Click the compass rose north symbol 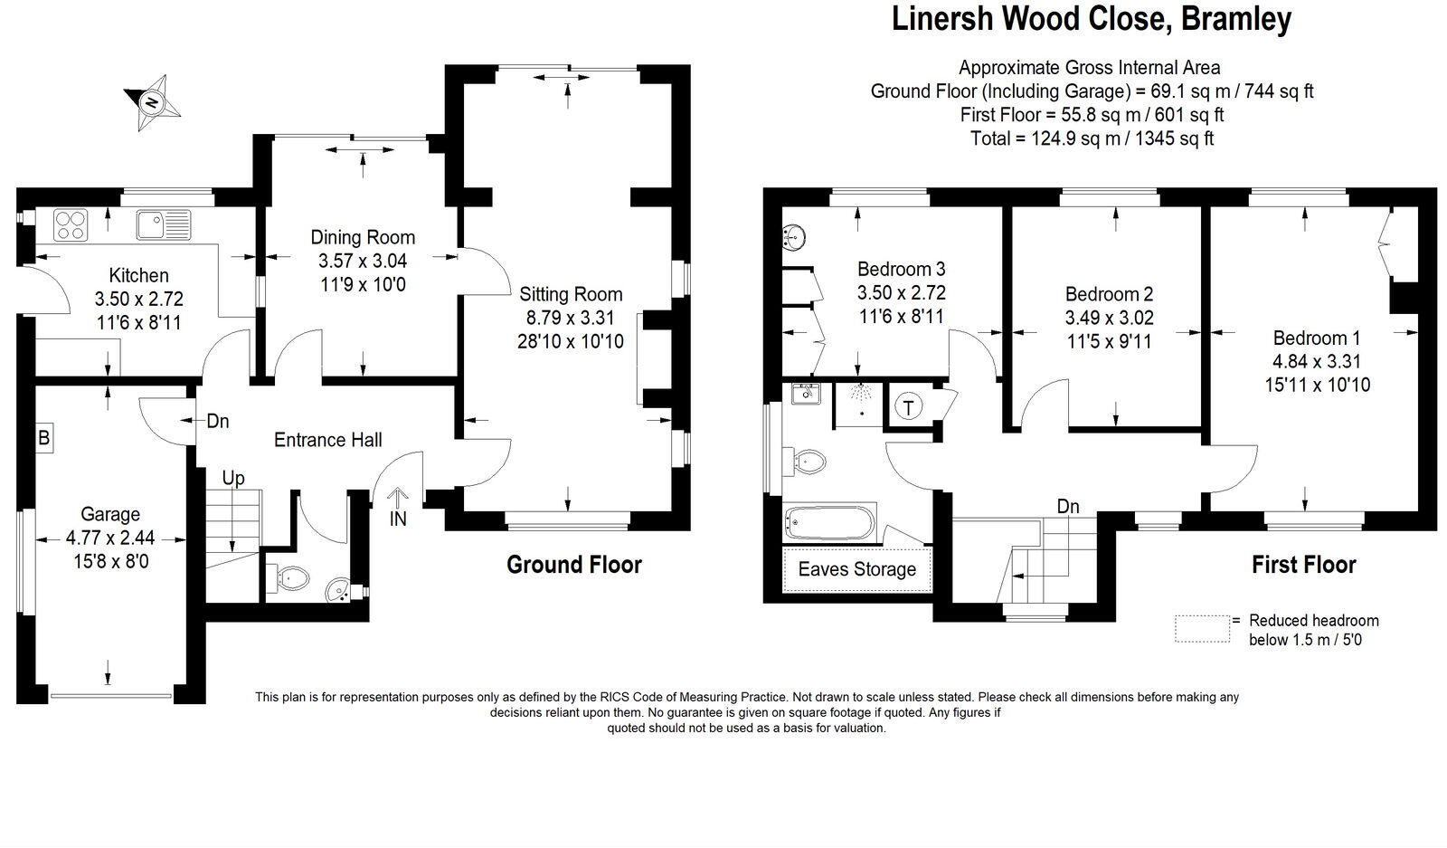click(152, 101)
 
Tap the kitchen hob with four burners click(70, 224)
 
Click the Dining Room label click(363, 238)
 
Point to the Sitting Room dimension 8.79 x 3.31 click(571, 318)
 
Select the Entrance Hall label click(327, 440)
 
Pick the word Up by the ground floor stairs click(233, 479)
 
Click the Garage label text click(110, 514)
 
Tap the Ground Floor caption click(573, 565)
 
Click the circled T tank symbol click(908, 407)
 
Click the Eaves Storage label click(856, 569)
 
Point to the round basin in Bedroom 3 click(794, 238)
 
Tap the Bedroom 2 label click(1109, 294)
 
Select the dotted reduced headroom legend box click(1202, 628)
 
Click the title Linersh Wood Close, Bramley click(1091, 19)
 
